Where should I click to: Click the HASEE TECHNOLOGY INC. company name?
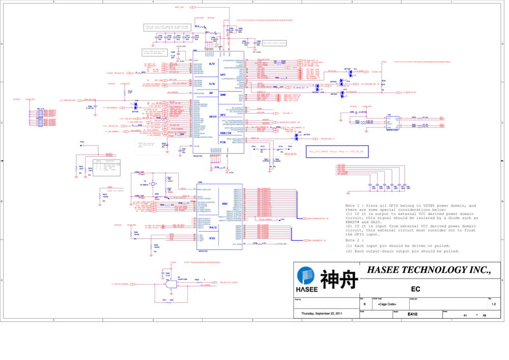[x=429, y=269]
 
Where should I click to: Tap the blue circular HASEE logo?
[x=305, y=276]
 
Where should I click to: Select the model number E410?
[x=412, y=315]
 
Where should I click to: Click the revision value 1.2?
[x=493, y=304]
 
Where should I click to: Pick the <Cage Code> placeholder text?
[x=387, y=304]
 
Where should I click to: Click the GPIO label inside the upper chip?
[x=213, y=117]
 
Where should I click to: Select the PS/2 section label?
[x=213, y=228]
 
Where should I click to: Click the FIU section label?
[x=212, y=238]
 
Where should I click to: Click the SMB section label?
[x=222, y=95]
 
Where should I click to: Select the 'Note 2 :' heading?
[x=354, y=240]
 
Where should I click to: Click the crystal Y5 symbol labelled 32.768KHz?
[x=152, y=184]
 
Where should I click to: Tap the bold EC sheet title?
[x=415, y=289]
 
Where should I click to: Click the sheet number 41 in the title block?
[x=465, y=316]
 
